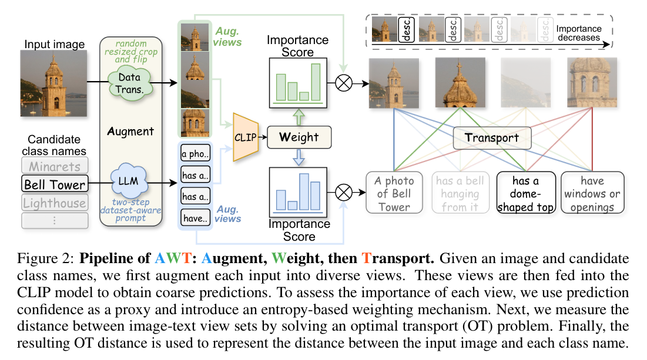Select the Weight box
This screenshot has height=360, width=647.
pos(299,137)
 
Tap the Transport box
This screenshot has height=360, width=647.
pos(492,138)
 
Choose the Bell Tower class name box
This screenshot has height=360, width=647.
pos(55,184)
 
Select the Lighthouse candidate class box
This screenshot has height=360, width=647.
pos(55,203)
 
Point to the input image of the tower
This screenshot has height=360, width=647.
pos(53,83)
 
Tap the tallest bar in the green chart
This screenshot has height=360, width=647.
pos(316,82)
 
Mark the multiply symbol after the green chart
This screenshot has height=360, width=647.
pos(343,83)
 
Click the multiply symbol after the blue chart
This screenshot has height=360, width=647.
pos(343,191)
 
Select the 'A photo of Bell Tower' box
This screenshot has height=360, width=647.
pos(394,194)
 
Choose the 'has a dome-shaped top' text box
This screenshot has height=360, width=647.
pos(525,194)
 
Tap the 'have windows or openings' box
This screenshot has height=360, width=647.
pos(589,194)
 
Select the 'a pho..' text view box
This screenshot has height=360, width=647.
pos(195,155)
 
